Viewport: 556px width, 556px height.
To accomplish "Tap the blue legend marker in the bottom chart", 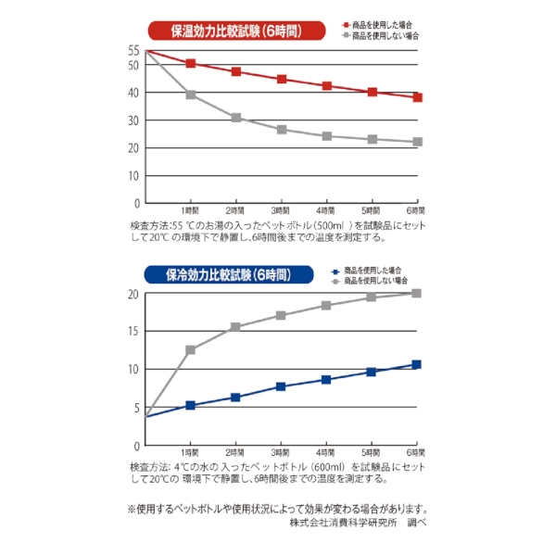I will click(x=336, y=270).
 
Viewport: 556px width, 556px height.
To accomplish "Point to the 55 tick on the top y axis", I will click(x=133, y=50).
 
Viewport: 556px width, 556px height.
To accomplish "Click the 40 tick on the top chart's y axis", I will click(x=133, y=93).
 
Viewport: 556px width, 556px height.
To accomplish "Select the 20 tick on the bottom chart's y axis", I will click(x=133, y=294).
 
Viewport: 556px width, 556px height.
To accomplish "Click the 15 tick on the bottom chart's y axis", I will click(x=133, y=331).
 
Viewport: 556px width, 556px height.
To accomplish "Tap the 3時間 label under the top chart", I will click(x=281, y=212).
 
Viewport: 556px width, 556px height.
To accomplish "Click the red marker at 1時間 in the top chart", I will click(x=191, y=63).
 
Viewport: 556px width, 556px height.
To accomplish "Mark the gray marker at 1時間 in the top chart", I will click(x=191, y=95).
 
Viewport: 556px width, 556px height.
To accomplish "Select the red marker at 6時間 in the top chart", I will click(x=417, y=97).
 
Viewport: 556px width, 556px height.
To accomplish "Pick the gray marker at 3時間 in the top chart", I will click(x=282, y=129).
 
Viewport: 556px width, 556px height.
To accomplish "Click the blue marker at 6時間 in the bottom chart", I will click(x=416, y=364).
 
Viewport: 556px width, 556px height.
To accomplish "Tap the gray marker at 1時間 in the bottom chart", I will click(x=191, y=350).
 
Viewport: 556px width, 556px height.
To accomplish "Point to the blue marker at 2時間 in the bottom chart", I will click(x=236, y=397).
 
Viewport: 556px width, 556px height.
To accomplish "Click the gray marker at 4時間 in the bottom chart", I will click(x=326, y=305).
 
